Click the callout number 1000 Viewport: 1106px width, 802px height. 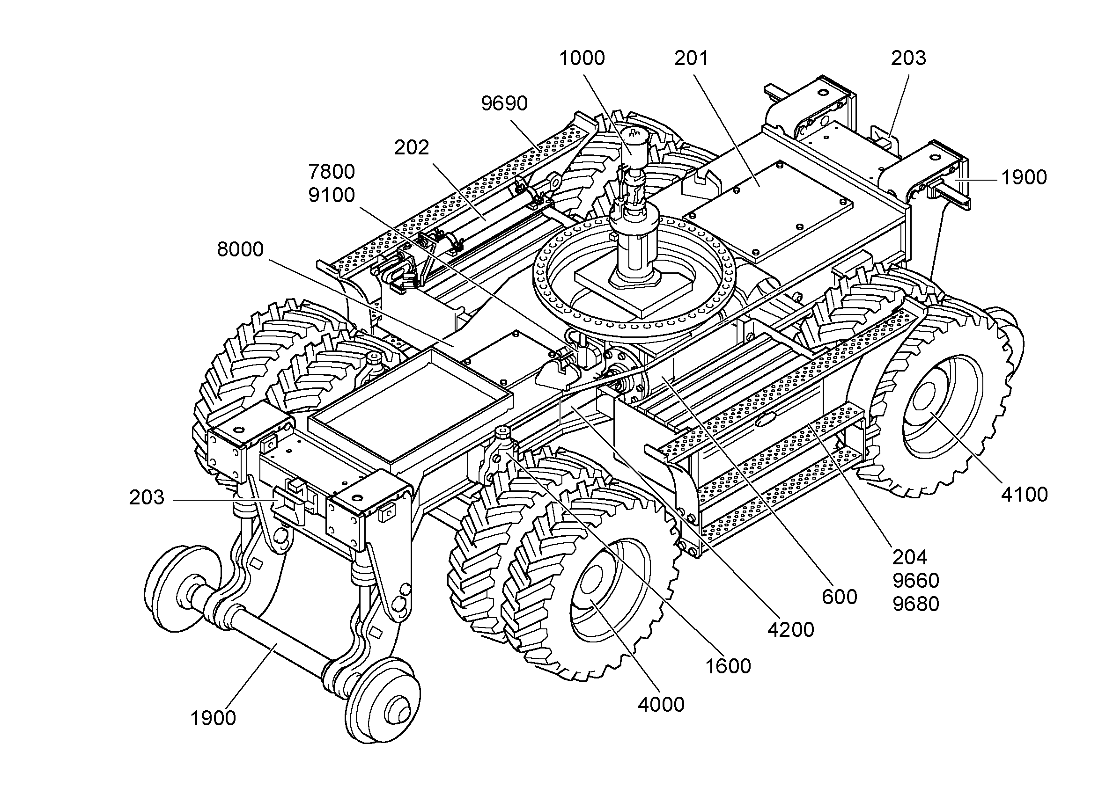pyautogui.click(x=582, y=58)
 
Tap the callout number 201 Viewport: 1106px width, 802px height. pyautogui.click(x=691, y=58)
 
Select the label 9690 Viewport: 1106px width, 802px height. pyautogui.click(x=504, y=103)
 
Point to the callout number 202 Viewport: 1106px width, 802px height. pyautogui.click(x=412, y=147)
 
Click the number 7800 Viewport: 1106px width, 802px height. pyautogui.click(x=332, y=172)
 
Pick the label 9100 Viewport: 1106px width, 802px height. pyautogui.click(x=332, y=195)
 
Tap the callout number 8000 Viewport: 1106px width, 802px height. pyautogui.click(x=240, y=249)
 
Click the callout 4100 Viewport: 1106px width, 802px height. pyautogui.click(x=1025, y=495)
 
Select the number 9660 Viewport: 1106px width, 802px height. pyautogui.click(x=916, y=580)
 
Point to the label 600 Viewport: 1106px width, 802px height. pyautogui.click(x=839, y=597)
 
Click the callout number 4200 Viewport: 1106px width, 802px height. pyautogui.click(x=791, y=630)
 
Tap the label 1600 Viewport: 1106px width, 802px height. pyautogui.click(x=728, y=666)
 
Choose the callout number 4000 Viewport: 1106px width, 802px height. pyautogui.click(x=661, y=705)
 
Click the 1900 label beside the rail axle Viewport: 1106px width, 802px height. pyautogui.click(x=213, y=718)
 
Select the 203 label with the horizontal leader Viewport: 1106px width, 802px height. pyautogui.click(x=147, y=497)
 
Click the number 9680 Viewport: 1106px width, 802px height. pyautogui.click(x=916, y=604)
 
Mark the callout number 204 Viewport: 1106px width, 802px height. pyautogui.click(x=910, y=557)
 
